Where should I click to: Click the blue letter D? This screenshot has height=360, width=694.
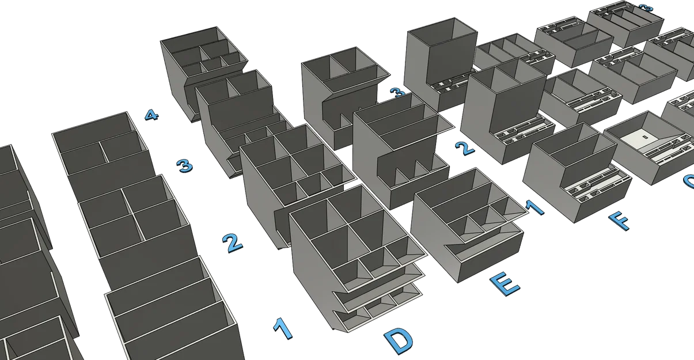pyautogui.click(x=399, y=341)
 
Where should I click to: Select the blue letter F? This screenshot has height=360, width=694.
pyautogui.click(x=618, y=220)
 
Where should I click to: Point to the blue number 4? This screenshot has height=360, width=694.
pyautogui.click(x=150, y=115)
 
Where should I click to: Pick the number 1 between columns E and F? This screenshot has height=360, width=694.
pyautogui.click(x=536, y=208)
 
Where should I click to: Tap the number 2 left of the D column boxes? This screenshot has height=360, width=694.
pyautogui.click(x=232, y=244)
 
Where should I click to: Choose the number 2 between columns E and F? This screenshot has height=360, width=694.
pyautogui.click(x=464, y=148)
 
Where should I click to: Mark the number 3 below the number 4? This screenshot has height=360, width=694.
pyautogui.click(x=184, y=166)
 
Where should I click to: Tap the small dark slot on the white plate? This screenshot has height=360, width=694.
pyautogui.click(x=644, y=137)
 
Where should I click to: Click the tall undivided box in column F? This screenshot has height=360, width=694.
pyautogui.click(x=441, y=60)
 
